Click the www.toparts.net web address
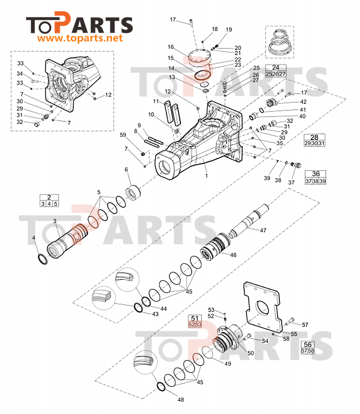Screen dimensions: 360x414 (80, 39)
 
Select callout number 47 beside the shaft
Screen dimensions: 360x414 (263, 231)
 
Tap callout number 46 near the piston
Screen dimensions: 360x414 (233, 255)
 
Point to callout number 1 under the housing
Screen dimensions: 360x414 (207, 176)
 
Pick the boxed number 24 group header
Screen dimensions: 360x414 (275, 68)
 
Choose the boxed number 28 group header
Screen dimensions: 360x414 (314, 137)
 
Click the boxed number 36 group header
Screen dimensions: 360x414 (316, 174)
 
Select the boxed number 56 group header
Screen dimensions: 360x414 (307, 345)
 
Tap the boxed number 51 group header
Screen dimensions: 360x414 (195, 318)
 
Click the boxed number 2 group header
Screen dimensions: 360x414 (49, 197)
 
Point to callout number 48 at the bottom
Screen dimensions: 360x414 (180, 400)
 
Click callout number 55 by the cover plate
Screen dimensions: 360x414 (294, 334)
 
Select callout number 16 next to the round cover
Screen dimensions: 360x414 (171, 47)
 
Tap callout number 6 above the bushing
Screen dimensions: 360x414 (126, 169)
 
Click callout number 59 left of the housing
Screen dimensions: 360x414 (123, 135)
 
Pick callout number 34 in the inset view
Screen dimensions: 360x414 (20, 74)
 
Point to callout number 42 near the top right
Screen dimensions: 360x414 (303, 102)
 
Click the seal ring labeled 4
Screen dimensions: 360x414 (43, 259)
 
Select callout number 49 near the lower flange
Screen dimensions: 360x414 (228, 364)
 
